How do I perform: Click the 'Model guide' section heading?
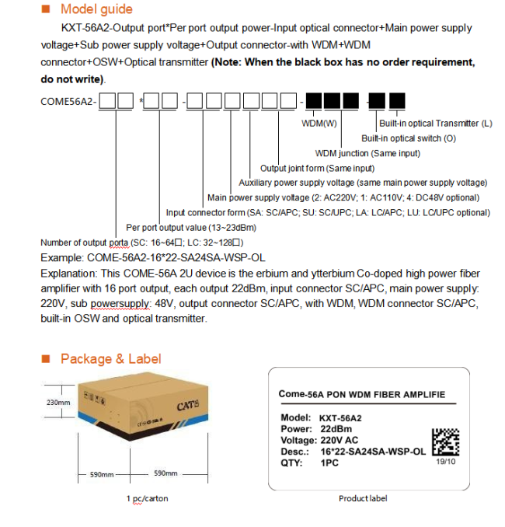[x=96, y=9]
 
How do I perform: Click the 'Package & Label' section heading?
[x=111, y=358]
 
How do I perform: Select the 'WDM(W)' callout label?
[x=319, y=123]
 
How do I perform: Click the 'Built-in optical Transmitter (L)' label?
[x=435, y=123]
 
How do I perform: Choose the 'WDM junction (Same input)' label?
[x=367, y=153]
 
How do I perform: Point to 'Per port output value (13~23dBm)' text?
[x=191, y=228]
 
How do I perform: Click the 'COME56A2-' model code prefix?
[x=68, y=101]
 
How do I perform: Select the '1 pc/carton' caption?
[x=147, y=498]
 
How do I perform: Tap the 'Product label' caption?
[x=363, y=498]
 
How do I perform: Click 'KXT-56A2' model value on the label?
[x=340, y=417]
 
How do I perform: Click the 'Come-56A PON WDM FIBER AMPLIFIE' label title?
[x=362, y=394]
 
